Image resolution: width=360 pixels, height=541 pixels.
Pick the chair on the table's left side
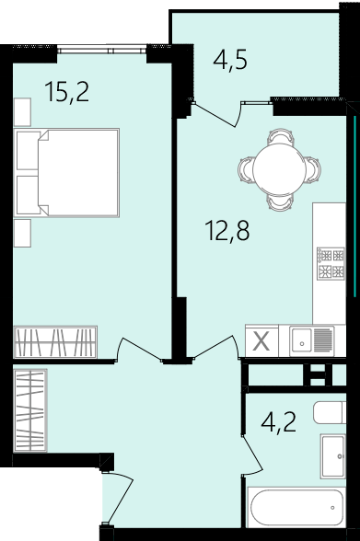[x=245, y=168]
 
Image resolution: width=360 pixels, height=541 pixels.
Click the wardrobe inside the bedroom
[x=55, y=342]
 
